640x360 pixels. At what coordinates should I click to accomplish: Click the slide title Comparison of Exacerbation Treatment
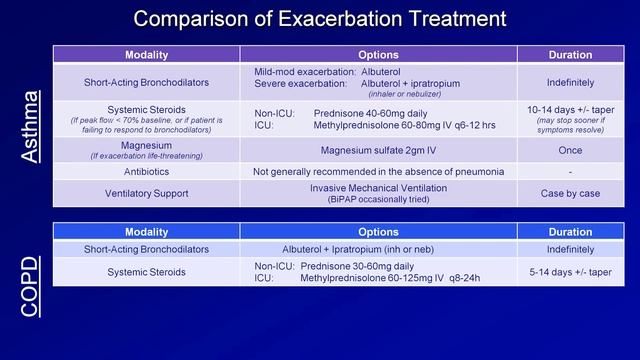coord(319,19)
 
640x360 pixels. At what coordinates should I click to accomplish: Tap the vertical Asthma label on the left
coord(32,126)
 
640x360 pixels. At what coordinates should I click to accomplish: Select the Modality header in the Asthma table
coord(146,54)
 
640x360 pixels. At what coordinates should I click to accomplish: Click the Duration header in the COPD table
coord(571,231)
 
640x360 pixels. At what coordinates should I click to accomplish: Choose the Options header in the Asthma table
coord(378,54)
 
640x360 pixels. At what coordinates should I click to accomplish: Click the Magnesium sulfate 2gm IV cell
coord(378,150)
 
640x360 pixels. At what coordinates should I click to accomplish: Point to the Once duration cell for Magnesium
coord(571,150)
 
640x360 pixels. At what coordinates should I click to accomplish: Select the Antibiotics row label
coord(146,171)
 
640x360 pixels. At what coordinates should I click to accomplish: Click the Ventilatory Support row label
coord(146,192)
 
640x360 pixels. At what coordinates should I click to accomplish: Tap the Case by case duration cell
coord(571,192)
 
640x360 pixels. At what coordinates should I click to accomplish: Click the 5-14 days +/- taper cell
coord(571,271)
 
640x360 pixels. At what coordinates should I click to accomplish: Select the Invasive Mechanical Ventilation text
coord(378,187)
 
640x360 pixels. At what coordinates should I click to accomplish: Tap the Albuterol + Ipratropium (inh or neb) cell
coord(378,249)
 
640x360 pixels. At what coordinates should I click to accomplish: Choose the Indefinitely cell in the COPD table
coord(571,249)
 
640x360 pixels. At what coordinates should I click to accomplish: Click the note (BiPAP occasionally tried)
coord(378,199)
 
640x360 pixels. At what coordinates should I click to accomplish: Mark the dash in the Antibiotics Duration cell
coord(571,172)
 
